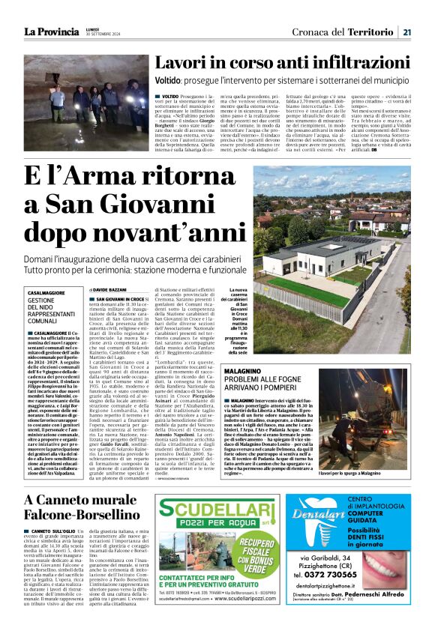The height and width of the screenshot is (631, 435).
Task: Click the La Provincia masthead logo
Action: [51, 31]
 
